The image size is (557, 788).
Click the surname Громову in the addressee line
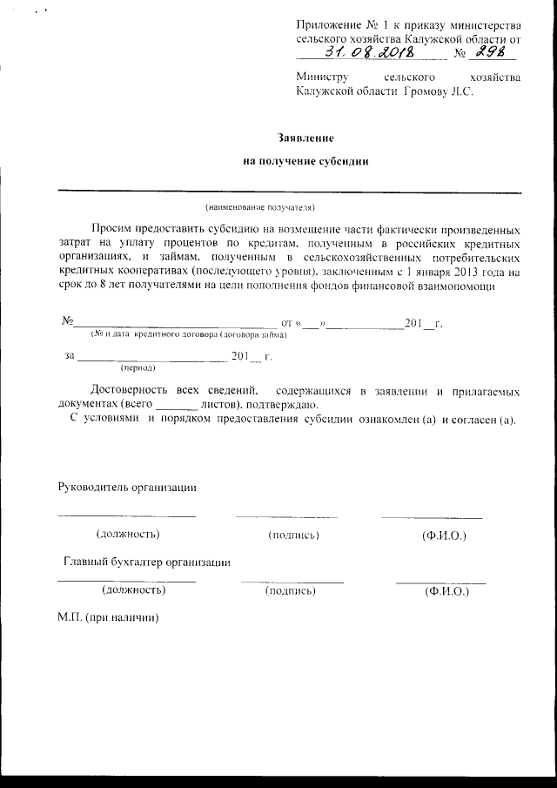click(x=423, y=92)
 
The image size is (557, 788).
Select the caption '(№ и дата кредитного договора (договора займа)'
click(x=189, y=335)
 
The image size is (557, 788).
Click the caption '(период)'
click(x=138, y=367)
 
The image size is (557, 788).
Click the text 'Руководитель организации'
click(x=126, y=487)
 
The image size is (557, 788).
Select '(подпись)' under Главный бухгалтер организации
click(x=291, y=591)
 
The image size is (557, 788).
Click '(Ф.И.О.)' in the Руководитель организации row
click(x=443, y=534)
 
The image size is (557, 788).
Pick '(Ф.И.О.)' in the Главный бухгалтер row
click(x=446, y=591)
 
